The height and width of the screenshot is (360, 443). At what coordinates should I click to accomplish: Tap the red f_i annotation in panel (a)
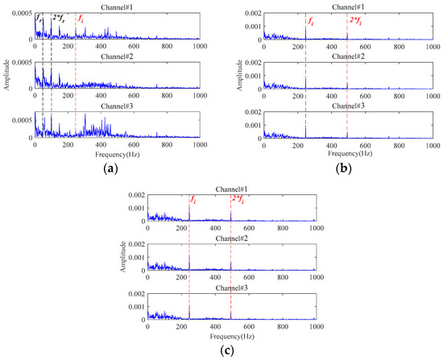click(79, 17)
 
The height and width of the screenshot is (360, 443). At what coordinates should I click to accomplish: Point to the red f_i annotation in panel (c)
click(193, 199)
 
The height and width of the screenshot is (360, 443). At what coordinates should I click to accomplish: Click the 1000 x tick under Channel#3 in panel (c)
click(314, 326)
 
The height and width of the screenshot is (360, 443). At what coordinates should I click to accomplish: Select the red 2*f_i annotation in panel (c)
click(240, 199)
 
